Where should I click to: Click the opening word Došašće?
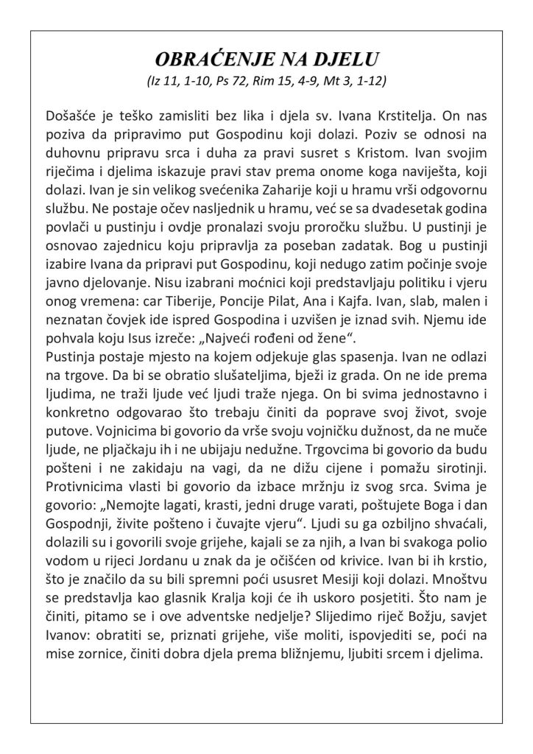pos(70,116)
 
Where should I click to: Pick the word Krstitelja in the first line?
pos(392,116)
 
